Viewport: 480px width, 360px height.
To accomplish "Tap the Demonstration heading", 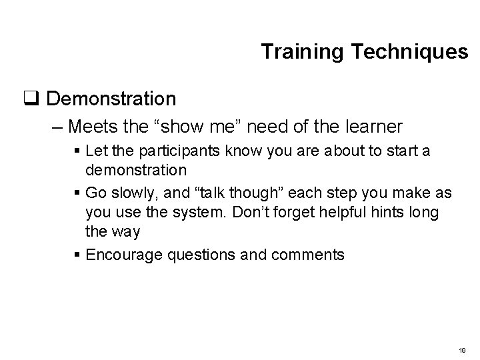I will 112,99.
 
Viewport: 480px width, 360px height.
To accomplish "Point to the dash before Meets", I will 58,126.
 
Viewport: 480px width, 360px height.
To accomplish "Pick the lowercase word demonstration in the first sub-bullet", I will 136,169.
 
